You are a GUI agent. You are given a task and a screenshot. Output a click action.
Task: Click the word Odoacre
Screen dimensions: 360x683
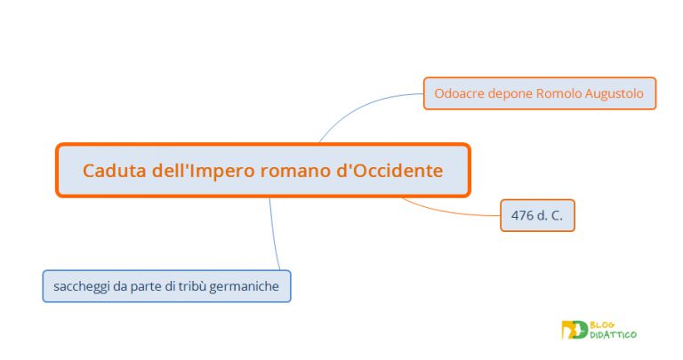[x=460, y=92]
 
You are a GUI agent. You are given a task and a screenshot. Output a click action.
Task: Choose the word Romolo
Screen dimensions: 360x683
[x=560, y=92]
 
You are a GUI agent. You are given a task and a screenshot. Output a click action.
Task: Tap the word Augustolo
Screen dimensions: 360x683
[x=615, y=92]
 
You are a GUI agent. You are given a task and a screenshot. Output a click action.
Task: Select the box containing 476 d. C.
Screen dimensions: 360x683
[x=537, y=215]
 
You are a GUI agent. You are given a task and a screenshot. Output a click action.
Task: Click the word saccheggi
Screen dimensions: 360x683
[x=80, y=286]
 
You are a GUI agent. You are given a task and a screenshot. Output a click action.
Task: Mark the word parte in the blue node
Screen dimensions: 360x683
[x=145, y=286]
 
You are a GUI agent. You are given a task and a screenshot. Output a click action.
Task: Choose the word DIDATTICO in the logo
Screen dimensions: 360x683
[x=614, y=334]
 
